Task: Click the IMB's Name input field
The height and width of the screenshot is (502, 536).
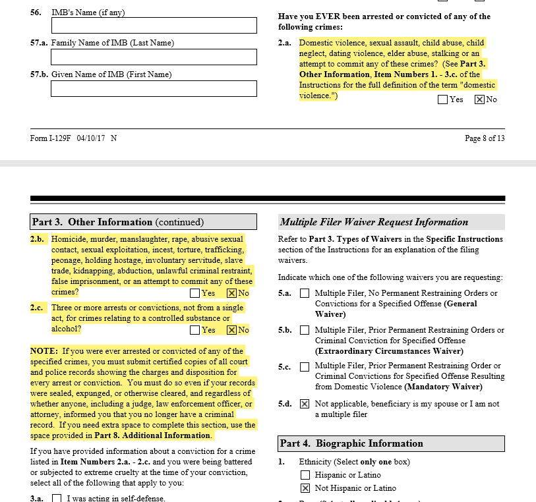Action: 154,25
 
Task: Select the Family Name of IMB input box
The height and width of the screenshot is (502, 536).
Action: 154,57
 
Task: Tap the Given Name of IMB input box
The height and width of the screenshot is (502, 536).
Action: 154,88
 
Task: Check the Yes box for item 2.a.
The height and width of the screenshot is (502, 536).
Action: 442,99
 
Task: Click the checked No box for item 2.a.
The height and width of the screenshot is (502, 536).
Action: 479,99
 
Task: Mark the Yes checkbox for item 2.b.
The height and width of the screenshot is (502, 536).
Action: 194,293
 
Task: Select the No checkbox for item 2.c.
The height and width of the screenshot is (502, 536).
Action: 231,330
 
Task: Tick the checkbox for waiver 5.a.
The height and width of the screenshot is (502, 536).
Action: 305,293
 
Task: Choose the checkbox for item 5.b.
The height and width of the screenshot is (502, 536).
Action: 305,330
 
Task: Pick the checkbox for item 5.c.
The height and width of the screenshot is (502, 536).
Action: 305,366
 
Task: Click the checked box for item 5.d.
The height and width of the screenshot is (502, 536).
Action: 305,404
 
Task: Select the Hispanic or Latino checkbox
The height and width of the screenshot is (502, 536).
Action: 305,475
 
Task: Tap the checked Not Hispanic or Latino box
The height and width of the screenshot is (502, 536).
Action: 305,488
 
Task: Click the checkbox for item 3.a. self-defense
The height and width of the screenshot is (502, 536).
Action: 57,499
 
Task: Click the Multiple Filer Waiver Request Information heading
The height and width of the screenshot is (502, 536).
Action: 374,222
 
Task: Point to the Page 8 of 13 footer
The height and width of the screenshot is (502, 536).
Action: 485,138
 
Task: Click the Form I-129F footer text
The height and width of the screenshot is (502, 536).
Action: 74,138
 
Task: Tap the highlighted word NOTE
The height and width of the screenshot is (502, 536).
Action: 44,350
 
